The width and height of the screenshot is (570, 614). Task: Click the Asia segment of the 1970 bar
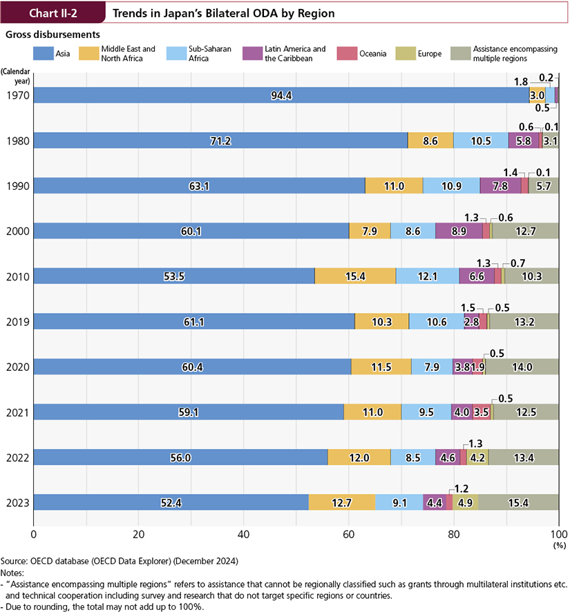coord(281,95)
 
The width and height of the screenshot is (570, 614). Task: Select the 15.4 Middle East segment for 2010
coord(355,276)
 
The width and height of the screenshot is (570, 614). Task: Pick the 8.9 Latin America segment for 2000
coord(459,231)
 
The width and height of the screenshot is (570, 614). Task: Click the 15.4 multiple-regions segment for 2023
coord(518,503)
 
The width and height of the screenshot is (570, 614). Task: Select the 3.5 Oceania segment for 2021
coord(482,412)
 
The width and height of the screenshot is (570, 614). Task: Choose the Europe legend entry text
coord(429,53)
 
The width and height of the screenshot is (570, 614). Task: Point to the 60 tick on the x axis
coord(348,534)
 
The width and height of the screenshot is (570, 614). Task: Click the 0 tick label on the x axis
coord(33,534)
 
